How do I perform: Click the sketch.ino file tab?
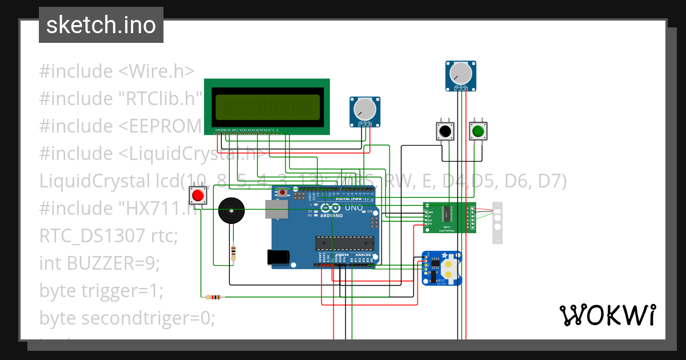tap(101, 25)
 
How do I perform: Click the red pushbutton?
tap(198, 196)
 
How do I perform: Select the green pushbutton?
tap(477, 131)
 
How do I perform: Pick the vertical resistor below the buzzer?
tap(233, 253)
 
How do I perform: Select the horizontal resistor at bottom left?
tap(213, 297)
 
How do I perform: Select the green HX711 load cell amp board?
tap(449, 218)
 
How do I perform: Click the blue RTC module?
tap(442, 268)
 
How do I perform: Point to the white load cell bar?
tap(497, 222)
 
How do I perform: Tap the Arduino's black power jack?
tap(278, 257)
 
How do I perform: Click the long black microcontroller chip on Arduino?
tap(342, 243)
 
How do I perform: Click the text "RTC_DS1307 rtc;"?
tap(109, 235)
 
